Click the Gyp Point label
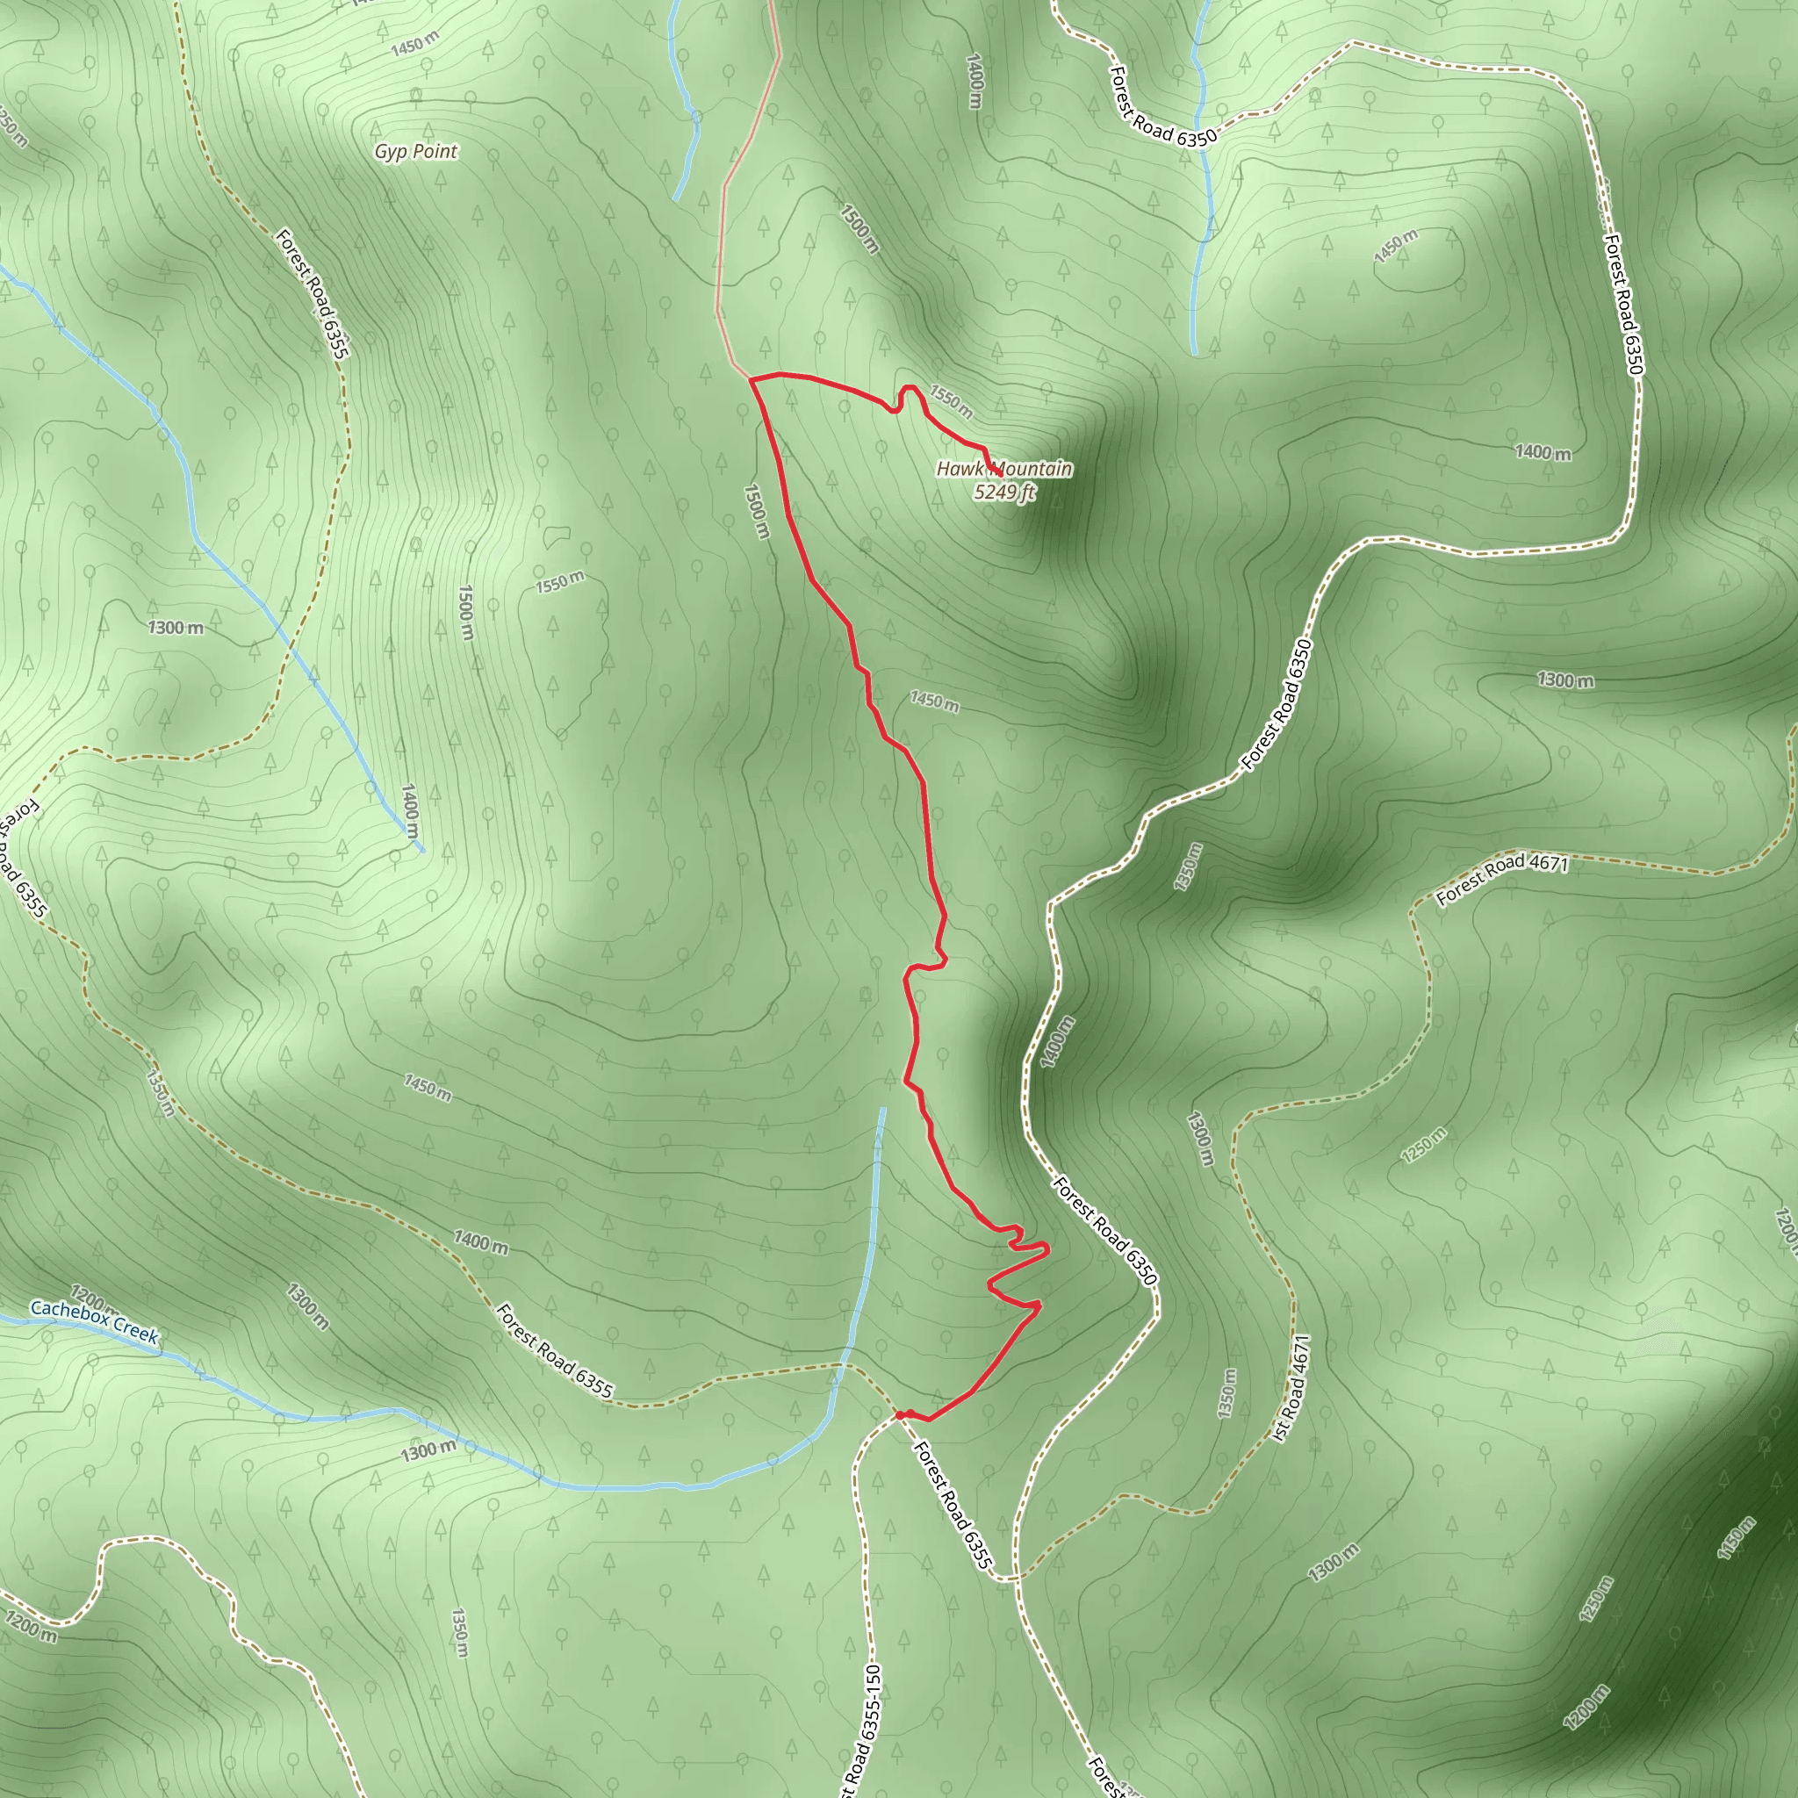point(416,151)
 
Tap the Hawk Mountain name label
point(1004,469)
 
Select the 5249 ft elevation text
point(1004,492)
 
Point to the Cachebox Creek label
point(94,1321)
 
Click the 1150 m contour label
point(1737,1536)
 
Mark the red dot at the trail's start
point(900,1415)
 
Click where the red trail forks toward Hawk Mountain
point(750,378)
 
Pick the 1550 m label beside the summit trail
point(950,401)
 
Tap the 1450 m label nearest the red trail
point(934,701)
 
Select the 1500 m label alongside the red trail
point(758,510)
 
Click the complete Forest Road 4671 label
point(1502,879)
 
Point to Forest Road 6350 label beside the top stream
point(1162,108)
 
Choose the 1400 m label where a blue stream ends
point(409,809)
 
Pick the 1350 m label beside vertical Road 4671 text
point(1228,1393)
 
